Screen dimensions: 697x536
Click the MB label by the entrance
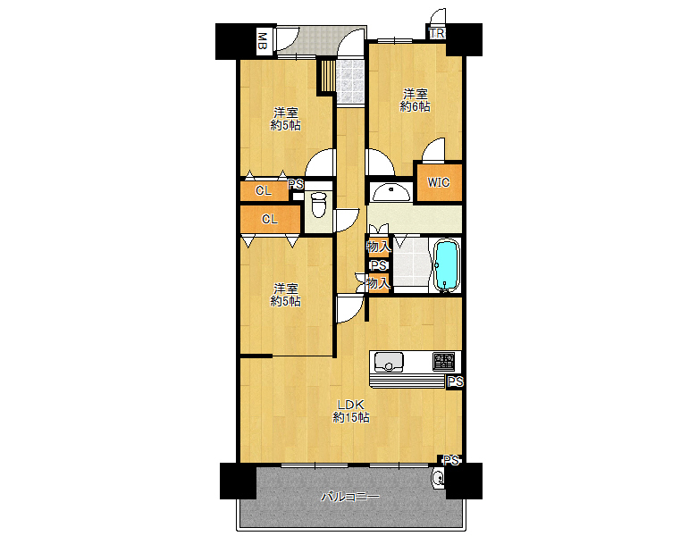(263, 42)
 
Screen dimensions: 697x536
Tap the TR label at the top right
(437, 34)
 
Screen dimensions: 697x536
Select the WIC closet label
(438, 182)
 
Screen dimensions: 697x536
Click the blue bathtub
(446, 265)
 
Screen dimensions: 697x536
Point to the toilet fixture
(318, 205)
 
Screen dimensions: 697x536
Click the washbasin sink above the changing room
(390, 192)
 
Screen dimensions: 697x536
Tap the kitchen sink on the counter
(389, 362)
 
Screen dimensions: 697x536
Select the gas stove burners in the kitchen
(444, 362)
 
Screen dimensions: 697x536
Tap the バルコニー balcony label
(350, 497)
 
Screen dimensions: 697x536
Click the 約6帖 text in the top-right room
(416, 106)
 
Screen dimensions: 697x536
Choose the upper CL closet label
(263, 190)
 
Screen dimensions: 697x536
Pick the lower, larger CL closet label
(269, 219)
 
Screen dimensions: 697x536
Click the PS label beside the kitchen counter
(455, 381)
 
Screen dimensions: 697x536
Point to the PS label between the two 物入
(379, 266)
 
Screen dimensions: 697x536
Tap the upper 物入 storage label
(378, 247)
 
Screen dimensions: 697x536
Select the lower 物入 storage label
(378, 282)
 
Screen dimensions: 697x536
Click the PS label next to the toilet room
(296, 184)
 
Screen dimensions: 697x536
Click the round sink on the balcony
(438, 479)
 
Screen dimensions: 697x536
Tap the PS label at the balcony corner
(450, 460)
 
